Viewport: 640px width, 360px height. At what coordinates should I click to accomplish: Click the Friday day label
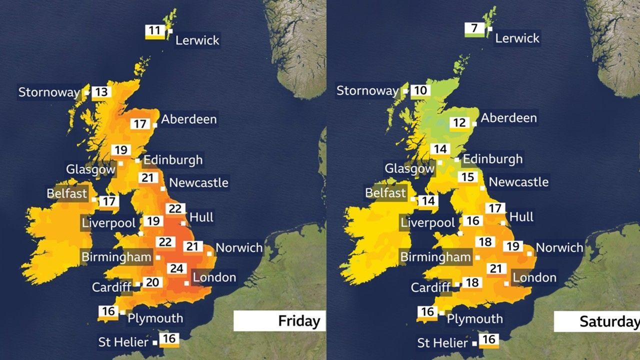(299, 320)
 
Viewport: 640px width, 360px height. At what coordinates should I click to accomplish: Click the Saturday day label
(609, 321)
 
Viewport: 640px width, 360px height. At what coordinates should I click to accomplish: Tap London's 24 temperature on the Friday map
(176, 268)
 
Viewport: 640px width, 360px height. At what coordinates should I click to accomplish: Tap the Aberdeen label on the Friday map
(188, 119)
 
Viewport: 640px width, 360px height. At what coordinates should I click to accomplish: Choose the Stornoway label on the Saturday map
(367, 91)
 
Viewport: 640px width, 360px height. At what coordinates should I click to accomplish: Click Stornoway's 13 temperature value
(101, 92)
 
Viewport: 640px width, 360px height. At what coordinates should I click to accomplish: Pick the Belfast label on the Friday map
(67, 193)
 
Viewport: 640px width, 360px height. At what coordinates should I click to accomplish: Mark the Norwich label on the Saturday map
(559, 247)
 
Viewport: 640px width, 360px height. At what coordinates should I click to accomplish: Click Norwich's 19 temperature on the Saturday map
(512, 246)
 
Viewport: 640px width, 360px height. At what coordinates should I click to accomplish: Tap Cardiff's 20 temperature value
(152, 282)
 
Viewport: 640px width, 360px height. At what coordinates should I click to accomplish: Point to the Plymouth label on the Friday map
(155, 318)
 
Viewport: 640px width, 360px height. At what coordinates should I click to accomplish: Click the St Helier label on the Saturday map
(443, 343)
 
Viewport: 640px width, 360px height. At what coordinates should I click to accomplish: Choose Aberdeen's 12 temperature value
(459, 123)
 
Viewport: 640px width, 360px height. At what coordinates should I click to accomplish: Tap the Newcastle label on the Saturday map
(518, 182)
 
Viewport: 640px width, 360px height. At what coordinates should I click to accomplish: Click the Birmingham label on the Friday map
(116, 257)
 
